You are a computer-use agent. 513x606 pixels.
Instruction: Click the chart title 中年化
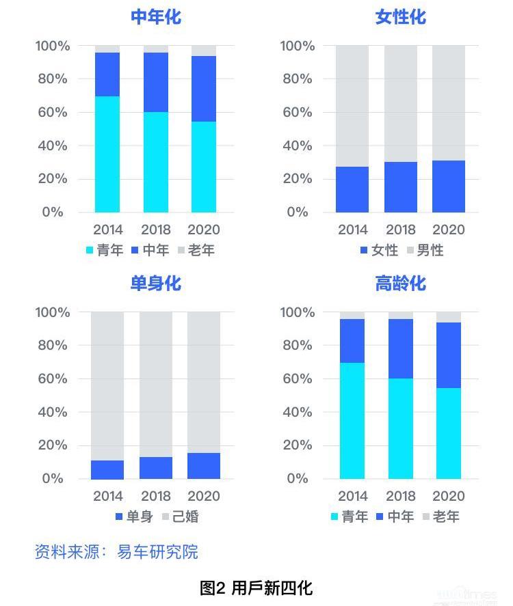tap(156, 16)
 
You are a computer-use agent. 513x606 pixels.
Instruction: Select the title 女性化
tap(400, 16)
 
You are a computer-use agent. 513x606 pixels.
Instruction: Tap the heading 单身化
tap(156, 283)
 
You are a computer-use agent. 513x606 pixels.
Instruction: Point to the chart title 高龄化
tap(400, 283)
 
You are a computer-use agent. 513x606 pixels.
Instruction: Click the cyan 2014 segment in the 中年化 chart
tap(107, 154)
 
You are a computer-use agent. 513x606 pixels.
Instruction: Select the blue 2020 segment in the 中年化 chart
tap(204, 89)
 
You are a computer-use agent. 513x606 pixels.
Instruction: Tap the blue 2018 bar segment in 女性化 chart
tap(401, 187)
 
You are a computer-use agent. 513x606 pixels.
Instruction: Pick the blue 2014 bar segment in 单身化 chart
tap(107, 469)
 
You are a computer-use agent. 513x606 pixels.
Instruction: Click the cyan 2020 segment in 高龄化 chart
tap(449, 433)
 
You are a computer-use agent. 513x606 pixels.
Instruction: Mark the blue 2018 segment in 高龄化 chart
tap(401, 348)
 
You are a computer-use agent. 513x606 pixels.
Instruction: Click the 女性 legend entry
tap(379, 250)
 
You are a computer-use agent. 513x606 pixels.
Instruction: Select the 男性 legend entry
tap(425, 250)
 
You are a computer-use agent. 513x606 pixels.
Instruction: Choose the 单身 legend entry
tap(134, 517)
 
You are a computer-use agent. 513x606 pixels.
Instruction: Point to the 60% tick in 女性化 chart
tap(298, 112)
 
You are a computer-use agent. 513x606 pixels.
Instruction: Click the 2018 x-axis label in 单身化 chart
tap(156, 495)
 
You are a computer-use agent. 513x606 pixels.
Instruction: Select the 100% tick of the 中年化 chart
tap(53, 46)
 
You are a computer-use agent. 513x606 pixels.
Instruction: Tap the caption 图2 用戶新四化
tap(256, 587)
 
